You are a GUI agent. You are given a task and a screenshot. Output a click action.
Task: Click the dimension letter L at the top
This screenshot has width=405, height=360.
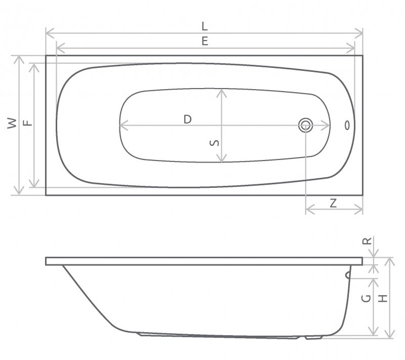pos(205,26)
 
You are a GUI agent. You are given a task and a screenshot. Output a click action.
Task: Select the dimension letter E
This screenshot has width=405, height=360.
pos(205,41)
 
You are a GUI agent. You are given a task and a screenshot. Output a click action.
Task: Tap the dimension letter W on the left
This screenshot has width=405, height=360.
pos(12,123)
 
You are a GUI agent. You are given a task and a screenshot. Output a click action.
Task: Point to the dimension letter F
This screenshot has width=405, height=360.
pos(28,123)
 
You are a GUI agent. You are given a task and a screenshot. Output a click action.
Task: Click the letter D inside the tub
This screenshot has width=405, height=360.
pos(187,119)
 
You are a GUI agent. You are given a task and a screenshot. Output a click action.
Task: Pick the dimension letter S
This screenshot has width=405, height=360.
pos(214,143)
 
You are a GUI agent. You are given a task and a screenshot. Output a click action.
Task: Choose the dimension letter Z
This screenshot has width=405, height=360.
pos(334,203)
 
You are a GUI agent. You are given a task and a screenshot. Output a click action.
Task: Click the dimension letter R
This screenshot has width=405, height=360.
pos(368,241)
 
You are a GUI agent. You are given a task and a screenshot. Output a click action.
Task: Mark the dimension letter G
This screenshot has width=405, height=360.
pos(366,299)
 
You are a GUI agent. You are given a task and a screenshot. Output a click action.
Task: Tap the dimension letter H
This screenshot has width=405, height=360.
pos(383,299)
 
